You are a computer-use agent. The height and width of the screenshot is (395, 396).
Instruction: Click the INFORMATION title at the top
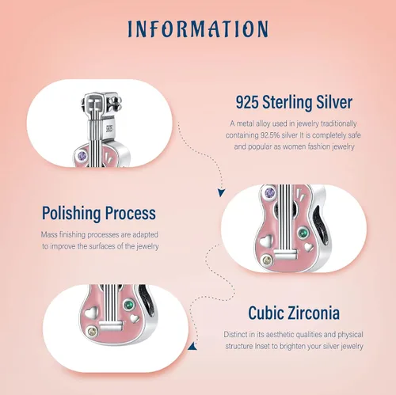198,28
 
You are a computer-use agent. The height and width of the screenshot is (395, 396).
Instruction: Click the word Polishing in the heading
71,213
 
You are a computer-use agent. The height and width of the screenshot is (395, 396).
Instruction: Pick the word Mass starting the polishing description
49,234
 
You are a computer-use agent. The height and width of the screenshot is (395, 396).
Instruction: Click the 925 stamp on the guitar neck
109,128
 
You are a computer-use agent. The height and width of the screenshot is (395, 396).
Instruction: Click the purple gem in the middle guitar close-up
270,193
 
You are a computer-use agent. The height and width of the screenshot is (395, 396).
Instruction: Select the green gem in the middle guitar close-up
303,233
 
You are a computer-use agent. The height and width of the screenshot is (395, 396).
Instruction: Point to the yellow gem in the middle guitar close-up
268,260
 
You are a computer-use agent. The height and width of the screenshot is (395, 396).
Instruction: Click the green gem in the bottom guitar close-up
129,305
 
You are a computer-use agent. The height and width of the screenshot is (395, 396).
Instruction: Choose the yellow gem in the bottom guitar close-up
93,332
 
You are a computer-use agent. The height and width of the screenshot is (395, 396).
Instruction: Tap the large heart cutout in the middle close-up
265,241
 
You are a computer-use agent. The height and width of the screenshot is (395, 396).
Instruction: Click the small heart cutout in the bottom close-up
135,317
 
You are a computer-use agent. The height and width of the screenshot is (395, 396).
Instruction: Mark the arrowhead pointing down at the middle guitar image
221,192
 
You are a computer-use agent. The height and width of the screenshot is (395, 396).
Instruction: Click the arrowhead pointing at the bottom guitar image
192,346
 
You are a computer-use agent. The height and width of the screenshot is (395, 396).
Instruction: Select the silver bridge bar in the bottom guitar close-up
111,325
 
